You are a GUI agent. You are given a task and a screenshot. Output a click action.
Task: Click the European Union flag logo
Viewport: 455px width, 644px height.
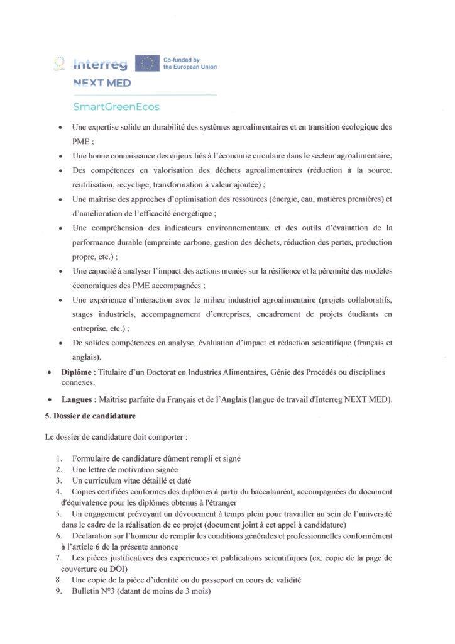(x=148, y=63)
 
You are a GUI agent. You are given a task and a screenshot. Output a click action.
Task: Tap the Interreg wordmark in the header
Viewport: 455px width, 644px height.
(x=101, y=64)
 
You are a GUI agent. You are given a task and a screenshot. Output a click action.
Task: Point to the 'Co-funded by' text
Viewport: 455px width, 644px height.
(x=180, y=59)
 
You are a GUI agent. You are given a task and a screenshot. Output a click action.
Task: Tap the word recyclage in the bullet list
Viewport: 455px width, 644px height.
(x=150, y=184)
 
